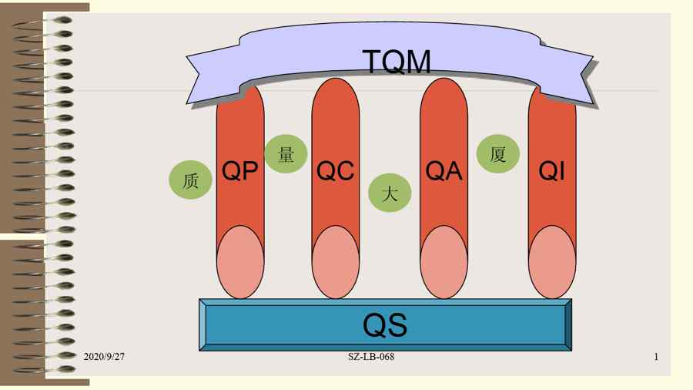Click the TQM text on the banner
[397, 61]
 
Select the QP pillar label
[239, 170]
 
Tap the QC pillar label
[336, 170]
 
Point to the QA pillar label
[444, 170]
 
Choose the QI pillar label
[552, 170]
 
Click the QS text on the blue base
[385, 325]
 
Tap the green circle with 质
[190, 181]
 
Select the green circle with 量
[286, 154]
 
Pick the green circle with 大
[390, 193]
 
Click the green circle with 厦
[497, 154]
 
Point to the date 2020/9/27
[104, 357]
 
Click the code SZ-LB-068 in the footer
[371, 357]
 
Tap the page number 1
[656, 357]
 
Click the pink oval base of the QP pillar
[240, 262]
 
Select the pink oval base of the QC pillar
[336, 262]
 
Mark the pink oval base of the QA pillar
[444, 262]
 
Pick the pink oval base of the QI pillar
[552, 262]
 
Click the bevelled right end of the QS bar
[567, 325]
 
